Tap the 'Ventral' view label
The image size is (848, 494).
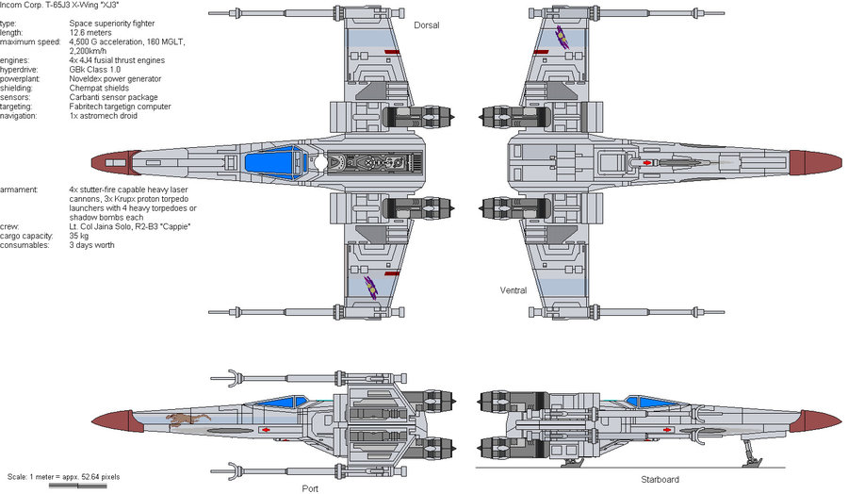pyautogui.click(x=513, y=291)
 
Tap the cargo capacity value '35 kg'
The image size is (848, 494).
pyautogui.click(x=79, y=236)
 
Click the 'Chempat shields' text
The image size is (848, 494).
pyautogui.click(x=99, y=89)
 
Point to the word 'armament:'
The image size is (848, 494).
pyautogui.click(x=19, y=189)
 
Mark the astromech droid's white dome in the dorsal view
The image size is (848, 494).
pyautogui.click(x=320, y=163)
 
